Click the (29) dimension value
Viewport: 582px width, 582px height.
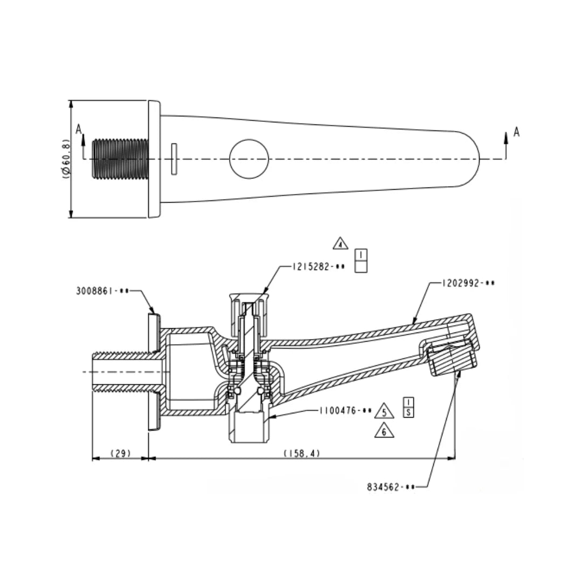pyautogui.click(x=121, y=453)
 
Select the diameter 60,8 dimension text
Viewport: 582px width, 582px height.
pyautogui.click(x=66, y=159)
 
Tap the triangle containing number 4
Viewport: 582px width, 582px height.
pyautogui.click(x=341, y=244)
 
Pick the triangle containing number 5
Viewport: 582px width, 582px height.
pyautogui.click(x=384, y=411)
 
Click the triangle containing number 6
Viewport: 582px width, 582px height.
pyautogui.click(x=384, y=431)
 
